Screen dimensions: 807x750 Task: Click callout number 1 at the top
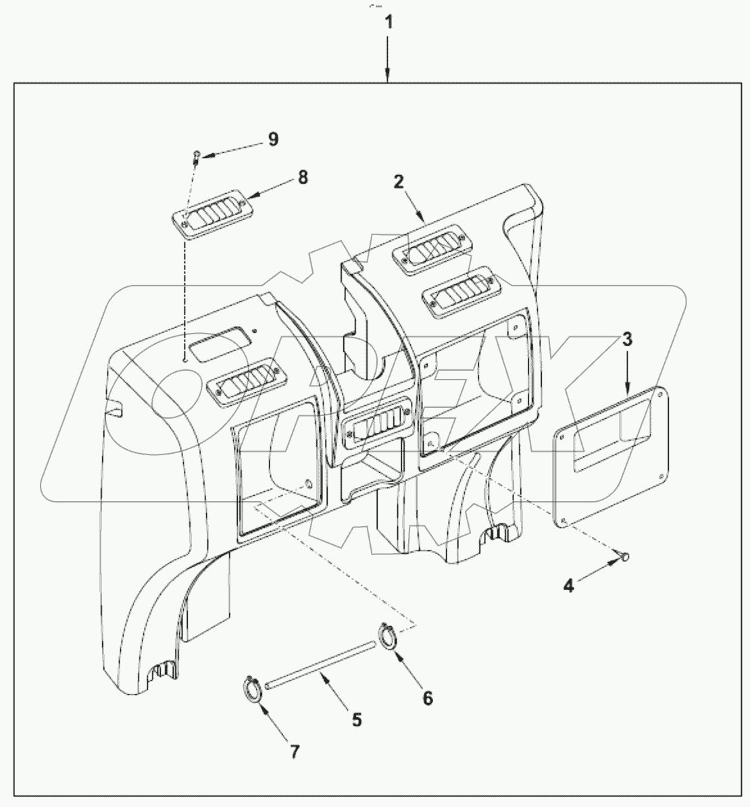click(388, 22)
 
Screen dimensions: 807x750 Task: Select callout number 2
click(399, 182)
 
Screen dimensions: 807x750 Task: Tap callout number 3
click(626, 339)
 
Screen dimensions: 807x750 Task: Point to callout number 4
click(569, 585)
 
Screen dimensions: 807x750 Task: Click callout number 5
click(355, 720)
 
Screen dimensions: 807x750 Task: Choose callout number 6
click(427, 697)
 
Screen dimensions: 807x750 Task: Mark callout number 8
click(302, 177)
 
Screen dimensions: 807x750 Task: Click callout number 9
click(272, 139)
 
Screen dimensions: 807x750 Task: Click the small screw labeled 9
click(196, 156)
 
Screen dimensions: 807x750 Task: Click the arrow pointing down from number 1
click(388, 61)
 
